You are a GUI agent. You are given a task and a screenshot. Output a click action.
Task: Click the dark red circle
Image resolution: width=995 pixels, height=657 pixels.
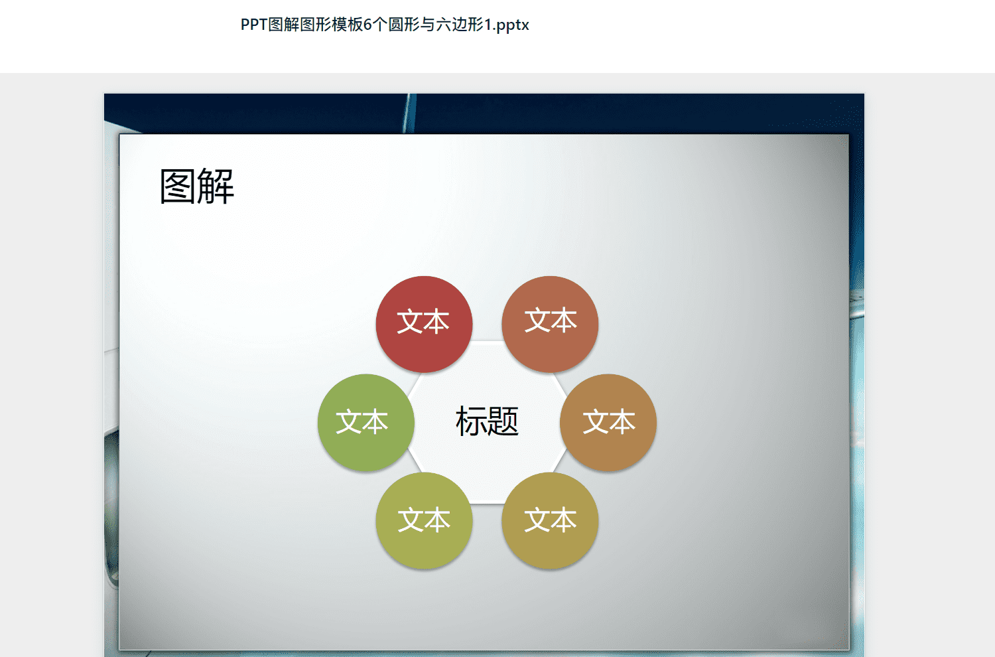pos(425,325)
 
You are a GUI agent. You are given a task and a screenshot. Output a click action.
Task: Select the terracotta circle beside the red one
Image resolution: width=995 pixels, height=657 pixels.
pos(550,325)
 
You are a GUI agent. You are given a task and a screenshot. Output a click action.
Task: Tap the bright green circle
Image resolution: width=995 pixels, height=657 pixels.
pos(366,423)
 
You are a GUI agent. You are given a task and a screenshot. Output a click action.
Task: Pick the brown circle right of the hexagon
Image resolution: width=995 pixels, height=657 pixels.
pos(608,423)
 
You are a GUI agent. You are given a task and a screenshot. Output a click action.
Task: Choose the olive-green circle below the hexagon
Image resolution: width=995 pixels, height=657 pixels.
pos(425,520)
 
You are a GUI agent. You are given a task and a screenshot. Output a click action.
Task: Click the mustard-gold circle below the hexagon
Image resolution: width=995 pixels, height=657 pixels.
pos(550,520)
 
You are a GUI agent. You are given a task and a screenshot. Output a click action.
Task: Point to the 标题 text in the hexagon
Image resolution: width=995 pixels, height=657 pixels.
pos(487,421)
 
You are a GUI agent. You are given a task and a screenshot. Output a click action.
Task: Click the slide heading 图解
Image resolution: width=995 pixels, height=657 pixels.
pos(197,186)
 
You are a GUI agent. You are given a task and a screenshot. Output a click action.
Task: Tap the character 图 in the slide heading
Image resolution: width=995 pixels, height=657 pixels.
pos(177,186)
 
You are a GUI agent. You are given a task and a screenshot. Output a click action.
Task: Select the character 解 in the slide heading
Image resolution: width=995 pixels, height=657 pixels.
pos(216,186)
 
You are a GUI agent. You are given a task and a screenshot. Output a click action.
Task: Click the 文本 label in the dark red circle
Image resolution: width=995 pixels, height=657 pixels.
pos(423,321)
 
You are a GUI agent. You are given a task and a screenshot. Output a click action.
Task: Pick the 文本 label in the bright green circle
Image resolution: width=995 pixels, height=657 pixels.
pos(362,421)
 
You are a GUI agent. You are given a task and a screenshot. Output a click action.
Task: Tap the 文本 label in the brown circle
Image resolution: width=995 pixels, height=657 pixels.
pos(609,421)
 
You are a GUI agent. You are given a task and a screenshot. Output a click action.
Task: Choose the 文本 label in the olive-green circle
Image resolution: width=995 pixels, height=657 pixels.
pos(425,520)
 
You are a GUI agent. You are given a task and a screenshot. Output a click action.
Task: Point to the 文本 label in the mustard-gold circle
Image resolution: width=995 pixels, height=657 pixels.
pos(551,520)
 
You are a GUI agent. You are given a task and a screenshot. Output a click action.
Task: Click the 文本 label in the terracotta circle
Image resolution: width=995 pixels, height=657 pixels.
pos(551,320)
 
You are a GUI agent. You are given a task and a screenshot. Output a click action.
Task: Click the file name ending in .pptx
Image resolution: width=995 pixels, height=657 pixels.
pos(385,25)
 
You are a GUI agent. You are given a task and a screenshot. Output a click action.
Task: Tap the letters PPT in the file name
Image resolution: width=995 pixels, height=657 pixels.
pos(254,25)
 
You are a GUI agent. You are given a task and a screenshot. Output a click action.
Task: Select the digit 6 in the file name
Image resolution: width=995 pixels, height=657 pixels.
pos(367,25)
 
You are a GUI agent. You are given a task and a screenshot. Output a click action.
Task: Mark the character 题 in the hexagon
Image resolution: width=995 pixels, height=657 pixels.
pos(503,421)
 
